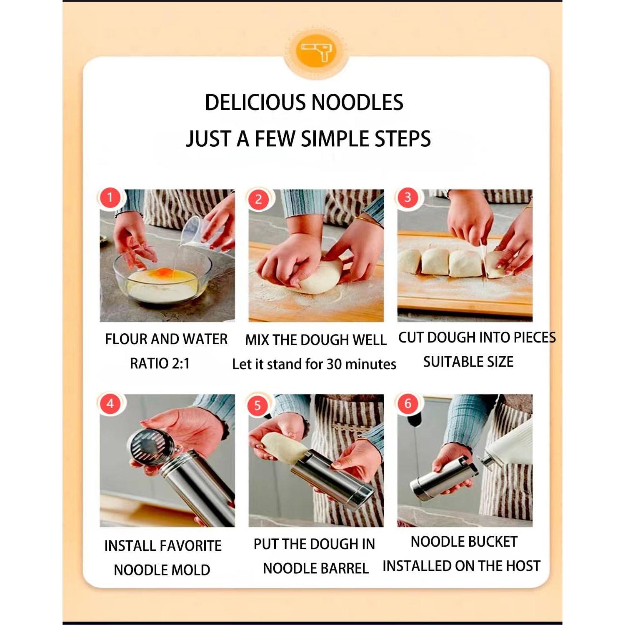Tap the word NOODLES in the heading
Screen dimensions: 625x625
pos(357,102)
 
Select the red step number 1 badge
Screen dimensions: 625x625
pos(110,197)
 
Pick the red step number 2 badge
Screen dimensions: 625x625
pos(258,199)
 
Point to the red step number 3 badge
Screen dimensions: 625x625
pos(407,197)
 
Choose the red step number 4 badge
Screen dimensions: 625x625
pos(110,403)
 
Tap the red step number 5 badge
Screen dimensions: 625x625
pos(258,405)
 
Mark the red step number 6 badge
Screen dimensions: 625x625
pos(407,403)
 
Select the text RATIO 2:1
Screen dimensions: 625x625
pos(160,363)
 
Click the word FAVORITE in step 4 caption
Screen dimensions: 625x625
pos(191,545)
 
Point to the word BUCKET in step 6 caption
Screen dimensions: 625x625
pos(491,542)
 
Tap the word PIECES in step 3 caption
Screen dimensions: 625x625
pos(535,337)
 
